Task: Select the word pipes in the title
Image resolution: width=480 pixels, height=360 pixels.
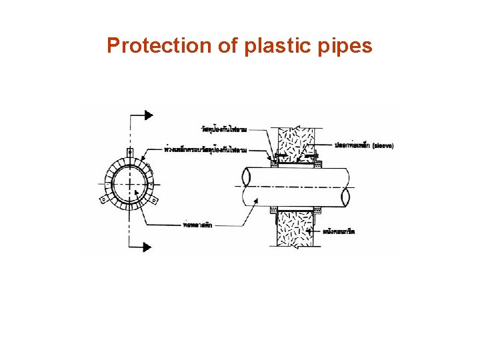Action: click(x=346, y=46)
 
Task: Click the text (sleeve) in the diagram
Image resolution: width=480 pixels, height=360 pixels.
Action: click(x=383, y=145)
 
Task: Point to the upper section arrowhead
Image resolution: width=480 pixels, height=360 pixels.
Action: click(x=147, y=115)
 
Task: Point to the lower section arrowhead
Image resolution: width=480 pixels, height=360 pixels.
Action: click(x=147, y=247)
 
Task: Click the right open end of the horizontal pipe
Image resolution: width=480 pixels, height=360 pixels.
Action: click(x=345, y=195)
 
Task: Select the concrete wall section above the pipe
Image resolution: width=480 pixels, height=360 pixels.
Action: click(x=294, y=141)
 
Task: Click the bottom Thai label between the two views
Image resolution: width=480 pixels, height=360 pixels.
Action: click(x=198, y=225)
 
